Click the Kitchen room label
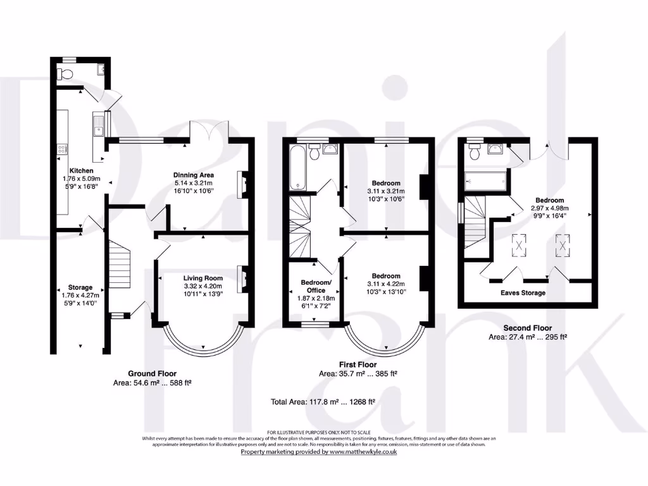click(x=82, y=171)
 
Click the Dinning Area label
click(x=194, y=175)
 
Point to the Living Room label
click(x=203, y=278)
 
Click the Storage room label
click(x=80, y=287)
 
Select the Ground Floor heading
click(x=152, y=373)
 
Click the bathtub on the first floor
click(x=298, y=168)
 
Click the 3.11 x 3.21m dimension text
click(x=386, y=191)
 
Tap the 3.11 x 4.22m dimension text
click(x=386, y=283)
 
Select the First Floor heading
click(x=358, y=365)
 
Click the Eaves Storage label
click(x=523, y=293)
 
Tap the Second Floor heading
click(x=526, y=328)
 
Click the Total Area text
click(x=323, y=401)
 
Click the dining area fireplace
click(x=241, y=185)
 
